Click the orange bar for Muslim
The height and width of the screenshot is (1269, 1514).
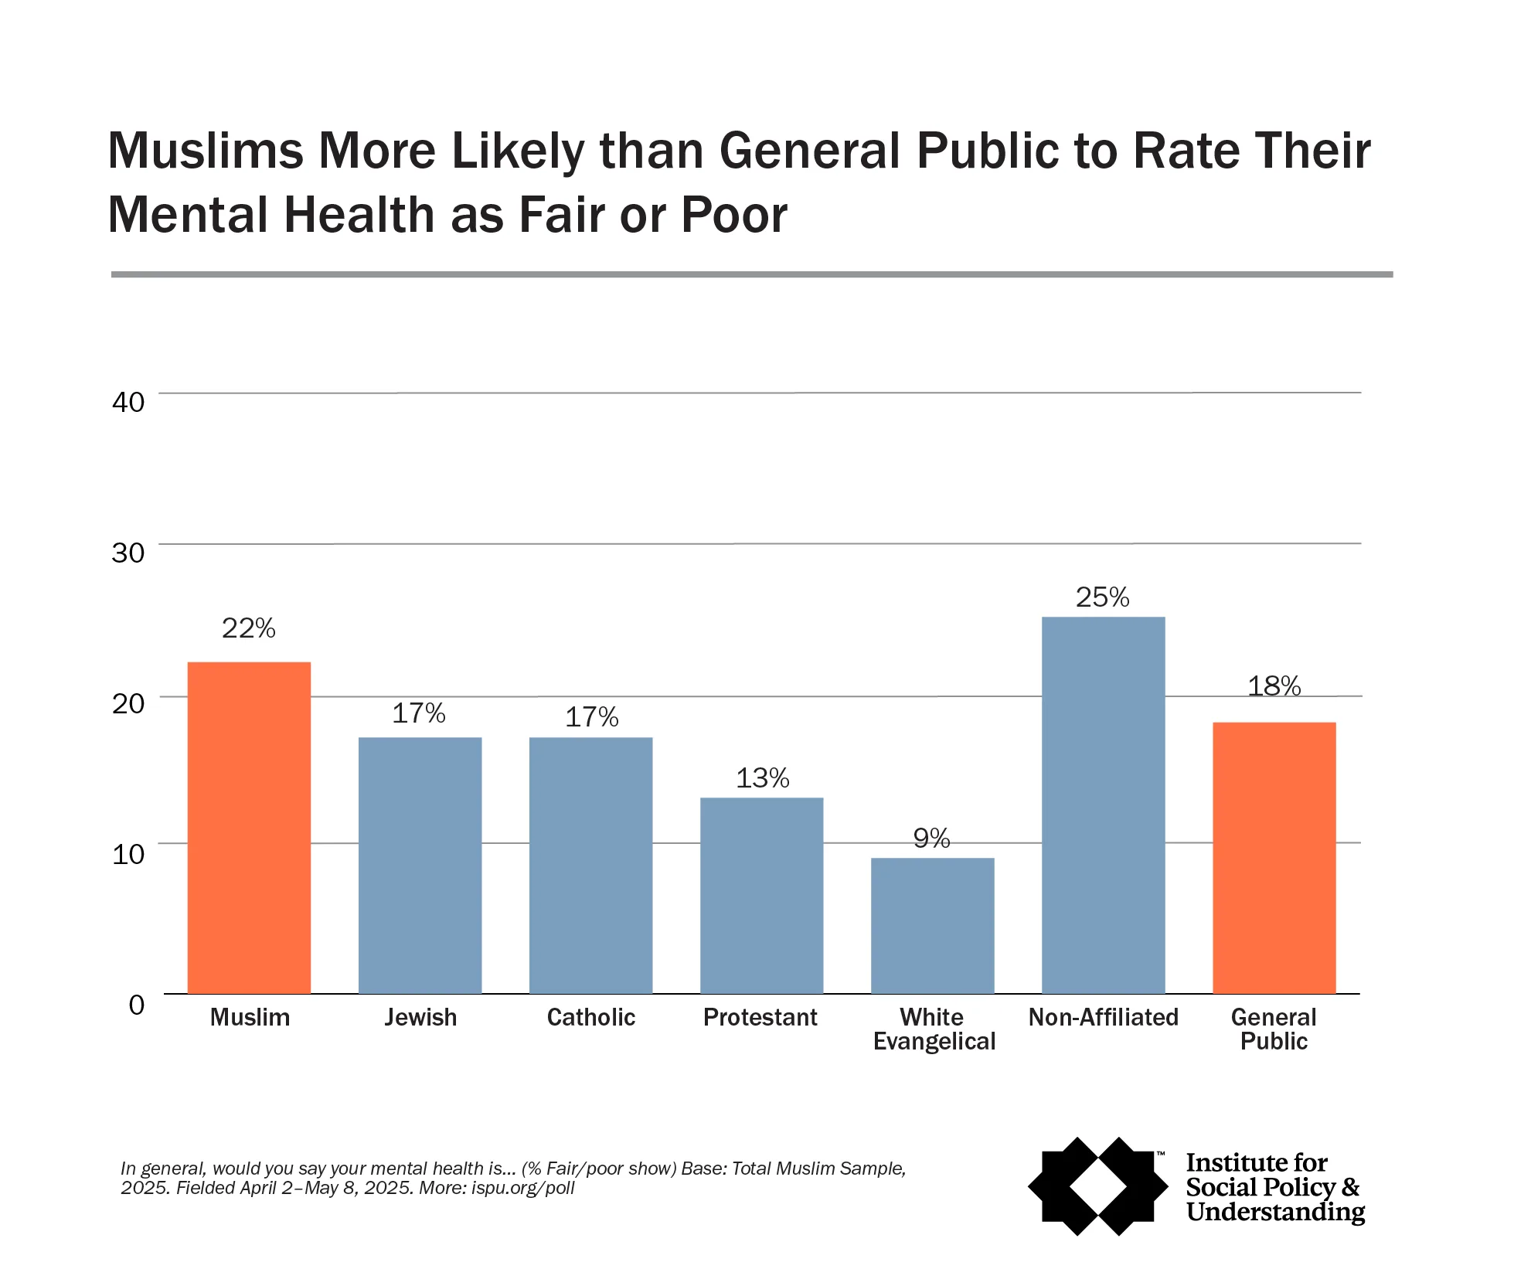(x=249, y=827)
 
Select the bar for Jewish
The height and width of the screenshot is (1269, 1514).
(x=420, y=865)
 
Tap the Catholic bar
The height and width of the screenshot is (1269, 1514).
(x=590, y=865)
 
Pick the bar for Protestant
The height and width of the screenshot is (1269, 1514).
(x=761, y=895)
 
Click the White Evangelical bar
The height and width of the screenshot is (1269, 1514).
(x=932, y=925)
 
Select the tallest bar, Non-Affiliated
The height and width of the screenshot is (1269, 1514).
(x=1103, y=805)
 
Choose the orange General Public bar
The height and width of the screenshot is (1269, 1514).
(x=1274, y=857)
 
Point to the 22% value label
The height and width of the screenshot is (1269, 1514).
(x=249, y=628)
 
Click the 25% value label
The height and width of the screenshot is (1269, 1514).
(x=1103, y=597)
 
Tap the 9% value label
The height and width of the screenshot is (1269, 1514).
(x=931, y=839)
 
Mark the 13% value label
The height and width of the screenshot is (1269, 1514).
(x=762, y=778)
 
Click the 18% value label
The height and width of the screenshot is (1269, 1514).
(x=1274, y=686)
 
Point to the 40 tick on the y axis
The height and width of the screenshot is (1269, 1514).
(x=128, y=402)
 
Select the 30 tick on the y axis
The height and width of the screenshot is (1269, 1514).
(x=128, y=553)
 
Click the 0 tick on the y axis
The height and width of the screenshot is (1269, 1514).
(x=137, y=1005)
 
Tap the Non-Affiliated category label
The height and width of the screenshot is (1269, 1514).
(x=1103, y=1017)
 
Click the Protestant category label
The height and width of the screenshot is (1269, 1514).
(x=760, y=1017)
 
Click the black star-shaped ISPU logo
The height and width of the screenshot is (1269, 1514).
(x=1098, y=1186)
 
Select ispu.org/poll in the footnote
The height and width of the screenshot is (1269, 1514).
(x=522, y=1188)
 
